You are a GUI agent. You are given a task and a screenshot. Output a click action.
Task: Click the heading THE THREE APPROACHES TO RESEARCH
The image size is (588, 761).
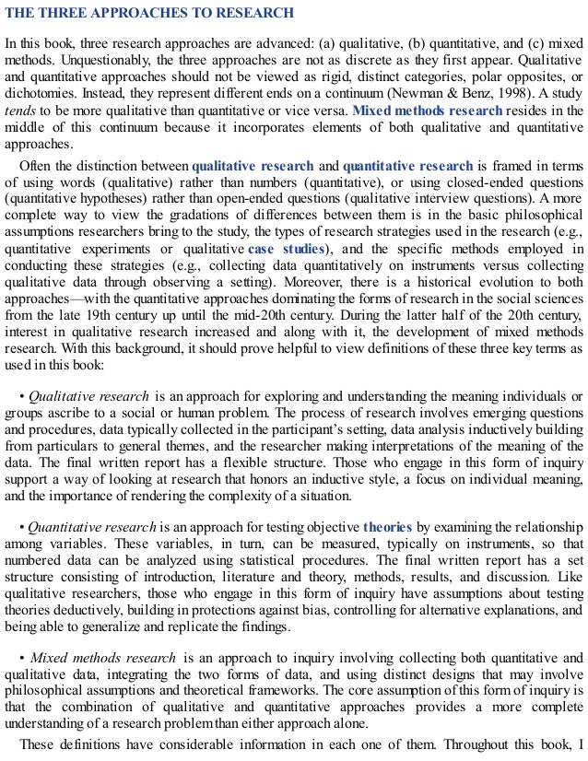click(149, 13)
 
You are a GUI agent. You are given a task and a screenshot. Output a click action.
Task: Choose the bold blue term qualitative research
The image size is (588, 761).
click(253, 167)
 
